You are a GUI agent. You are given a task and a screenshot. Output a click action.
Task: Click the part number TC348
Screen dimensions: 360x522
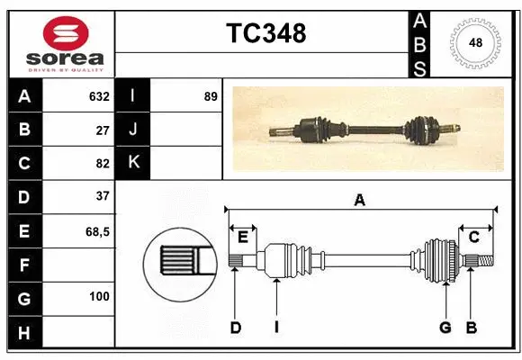click(x=265, y=33)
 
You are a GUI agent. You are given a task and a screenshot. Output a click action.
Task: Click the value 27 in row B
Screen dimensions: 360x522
click(x=102, y=130)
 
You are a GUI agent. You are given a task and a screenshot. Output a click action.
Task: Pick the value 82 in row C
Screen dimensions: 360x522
click(x=102, y=163)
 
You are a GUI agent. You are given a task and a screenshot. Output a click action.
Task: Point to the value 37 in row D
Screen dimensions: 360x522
click(x=102, y=195)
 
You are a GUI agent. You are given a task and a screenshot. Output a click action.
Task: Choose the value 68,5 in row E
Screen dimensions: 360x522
click(x=97, y=231)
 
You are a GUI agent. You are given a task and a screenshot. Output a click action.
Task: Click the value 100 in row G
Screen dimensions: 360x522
click(x=99, y=296)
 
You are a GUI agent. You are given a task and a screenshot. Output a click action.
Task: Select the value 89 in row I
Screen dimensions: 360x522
click(x=211, y=96)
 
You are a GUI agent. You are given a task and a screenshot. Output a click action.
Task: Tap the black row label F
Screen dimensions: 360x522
click(x=24, y=265)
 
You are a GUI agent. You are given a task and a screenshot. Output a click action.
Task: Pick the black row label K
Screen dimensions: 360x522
click(x=133, y=163)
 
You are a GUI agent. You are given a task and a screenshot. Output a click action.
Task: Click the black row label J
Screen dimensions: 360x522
click(x=133, y=130)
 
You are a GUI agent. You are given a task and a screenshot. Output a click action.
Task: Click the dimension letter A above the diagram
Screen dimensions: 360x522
click(x=360, y=201)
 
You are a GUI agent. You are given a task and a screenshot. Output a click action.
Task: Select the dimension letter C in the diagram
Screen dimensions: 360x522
click(x=473, y=237)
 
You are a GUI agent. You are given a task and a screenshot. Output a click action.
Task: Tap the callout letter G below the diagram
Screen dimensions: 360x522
click(x=445, y=328)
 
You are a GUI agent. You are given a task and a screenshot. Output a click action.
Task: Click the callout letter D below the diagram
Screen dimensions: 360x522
click(x=235, y=328)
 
